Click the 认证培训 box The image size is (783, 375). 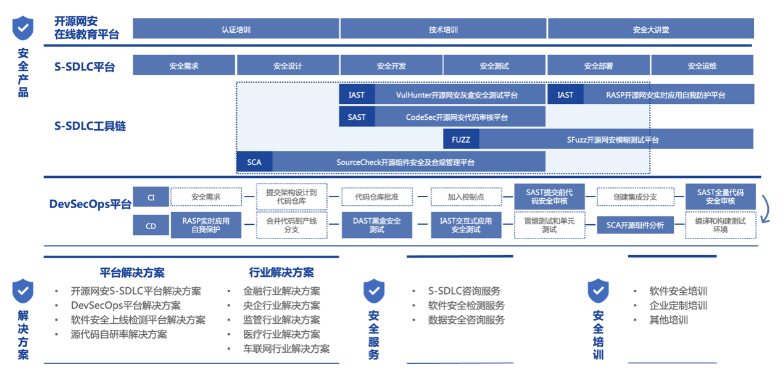tap(236, 28)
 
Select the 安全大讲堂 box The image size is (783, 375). tap(651, 28)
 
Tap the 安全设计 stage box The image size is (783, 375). tap(288, 65)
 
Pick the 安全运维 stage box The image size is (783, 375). tap(702, 65)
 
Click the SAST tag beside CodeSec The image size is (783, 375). tap(357, 117)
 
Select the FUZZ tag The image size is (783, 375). tap(461, 139)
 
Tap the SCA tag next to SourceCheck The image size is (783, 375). tap(254, 162)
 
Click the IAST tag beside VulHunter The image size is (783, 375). tap(357, 94)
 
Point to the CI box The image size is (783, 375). tap(151, 197)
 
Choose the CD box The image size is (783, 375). tap(151, 225)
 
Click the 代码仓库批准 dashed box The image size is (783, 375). tap(377, 197)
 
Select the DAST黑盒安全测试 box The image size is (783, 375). tap(377, 225)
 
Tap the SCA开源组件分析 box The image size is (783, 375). tap(635, 225)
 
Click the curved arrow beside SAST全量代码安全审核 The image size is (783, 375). tap(768, 209)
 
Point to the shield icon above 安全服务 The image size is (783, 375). tap(374, 291)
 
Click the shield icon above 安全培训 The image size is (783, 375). tap(598, 291)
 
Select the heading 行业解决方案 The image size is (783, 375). tap(281, 272)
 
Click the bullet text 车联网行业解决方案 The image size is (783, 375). tap(287, 348)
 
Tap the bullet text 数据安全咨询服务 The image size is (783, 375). tap(466, 319)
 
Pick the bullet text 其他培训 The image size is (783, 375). tap(668, 319)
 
